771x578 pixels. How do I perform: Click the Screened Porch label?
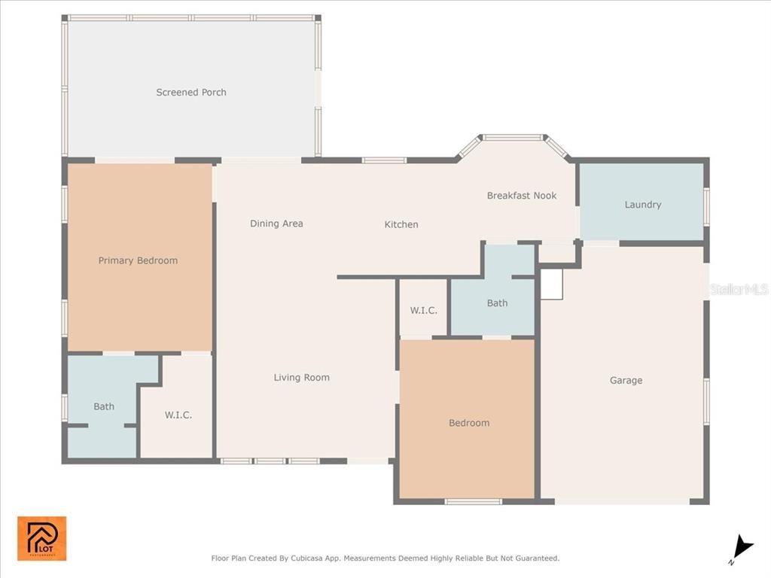coord(191,93)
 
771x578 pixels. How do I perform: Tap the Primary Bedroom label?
coord(138,260)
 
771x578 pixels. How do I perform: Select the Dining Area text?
coord(276,224)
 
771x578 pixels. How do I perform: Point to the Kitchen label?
coord(401,224)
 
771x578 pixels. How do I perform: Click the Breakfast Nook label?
coord(522,196)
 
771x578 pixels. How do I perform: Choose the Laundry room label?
coord(643,205)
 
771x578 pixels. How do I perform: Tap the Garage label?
coord(626,381)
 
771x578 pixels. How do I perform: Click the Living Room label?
coord(301,378)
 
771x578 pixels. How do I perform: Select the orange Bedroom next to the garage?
coord(469,423)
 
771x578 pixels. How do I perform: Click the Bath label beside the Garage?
coord(497,303)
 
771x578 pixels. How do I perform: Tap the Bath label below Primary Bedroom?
coord(104,406)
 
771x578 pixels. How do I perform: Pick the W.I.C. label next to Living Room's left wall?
coord(178,415)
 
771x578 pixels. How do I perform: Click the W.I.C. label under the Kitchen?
coord(423,310)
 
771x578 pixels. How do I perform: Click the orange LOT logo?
coord(42,538)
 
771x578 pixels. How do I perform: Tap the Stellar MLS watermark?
coord(739,289)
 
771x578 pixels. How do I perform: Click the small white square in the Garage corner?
coord(552,284)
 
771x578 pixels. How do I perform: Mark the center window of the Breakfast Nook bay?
coord(512,138)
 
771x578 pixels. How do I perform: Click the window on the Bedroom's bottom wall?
coord(473,501)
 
